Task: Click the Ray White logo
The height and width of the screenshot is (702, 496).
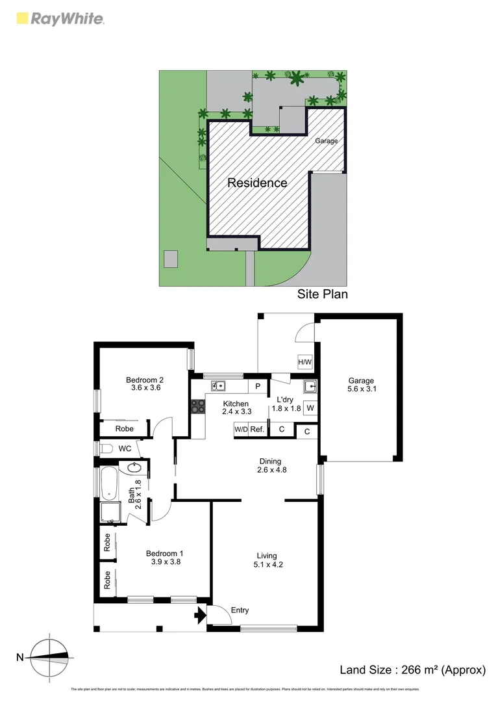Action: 59,19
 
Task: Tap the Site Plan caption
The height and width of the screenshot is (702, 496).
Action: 323,294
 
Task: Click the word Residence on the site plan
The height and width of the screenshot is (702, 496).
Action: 257,183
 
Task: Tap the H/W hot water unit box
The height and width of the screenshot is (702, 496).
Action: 304,362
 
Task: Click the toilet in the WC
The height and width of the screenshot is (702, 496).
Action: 106,448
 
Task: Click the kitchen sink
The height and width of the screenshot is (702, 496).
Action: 217,386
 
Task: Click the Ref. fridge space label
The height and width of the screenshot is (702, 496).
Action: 257,430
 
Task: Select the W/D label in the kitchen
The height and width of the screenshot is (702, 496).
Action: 241,430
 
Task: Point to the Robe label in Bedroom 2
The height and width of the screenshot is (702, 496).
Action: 125,429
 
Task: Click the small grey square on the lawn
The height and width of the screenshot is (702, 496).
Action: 171,259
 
